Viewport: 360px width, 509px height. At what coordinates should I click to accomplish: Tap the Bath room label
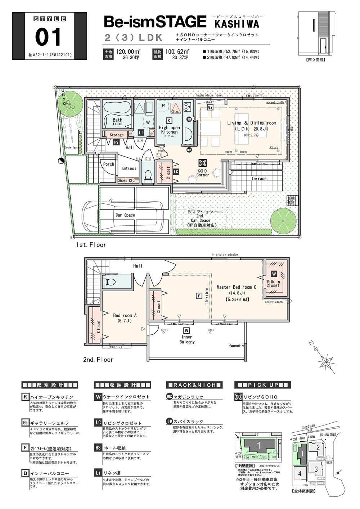117,122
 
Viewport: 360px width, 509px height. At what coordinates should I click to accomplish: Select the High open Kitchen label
169,130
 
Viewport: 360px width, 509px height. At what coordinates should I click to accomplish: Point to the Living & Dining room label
251,125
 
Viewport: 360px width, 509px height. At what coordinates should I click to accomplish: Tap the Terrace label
258,179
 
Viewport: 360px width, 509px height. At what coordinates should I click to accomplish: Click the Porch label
108,164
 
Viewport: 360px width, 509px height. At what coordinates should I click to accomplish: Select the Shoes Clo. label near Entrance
127,181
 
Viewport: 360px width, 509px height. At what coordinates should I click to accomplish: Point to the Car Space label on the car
125,215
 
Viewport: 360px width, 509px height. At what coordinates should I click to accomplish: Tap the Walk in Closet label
273,284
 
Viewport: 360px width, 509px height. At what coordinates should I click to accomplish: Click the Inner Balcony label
187,339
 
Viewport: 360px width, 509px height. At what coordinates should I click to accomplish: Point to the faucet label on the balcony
235,346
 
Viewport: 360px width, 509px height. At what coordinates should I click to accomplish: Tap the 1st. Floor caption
91,245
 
